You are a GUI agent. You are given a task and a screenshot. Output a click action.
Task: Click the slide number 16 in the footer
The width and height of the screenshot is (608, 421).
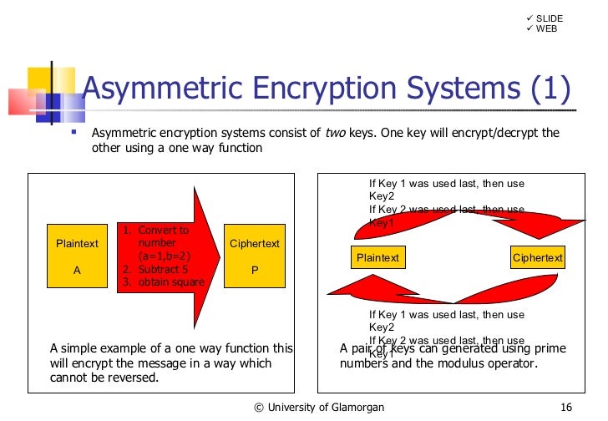click(x=566, y=407)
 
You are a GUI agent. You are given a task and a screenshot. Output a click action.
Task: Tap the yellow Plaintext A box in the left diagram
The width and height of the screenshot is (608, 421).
click(x=77, y=256)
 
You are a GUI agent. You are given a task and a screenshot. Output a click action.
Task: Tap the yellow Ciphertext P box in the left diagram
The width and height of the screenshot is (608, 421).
click(x=255, y=256)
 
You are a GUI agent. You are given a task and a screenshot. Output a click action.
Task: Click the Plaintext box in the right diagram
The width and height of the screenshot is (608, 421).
click(x=378, y=258)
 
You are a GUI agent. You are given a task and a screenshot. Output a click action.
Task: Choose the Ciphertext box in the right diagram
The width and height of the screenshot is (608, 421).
click(x=537, y=258)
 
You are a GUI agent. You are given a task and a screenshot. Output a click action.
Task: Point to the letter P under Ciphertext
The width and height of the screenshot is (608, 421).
click(x=255, y=271)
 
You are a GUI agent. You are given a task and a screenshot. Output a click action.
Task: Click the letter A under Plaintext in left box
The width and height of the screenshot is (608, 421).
click(x=77, y=271)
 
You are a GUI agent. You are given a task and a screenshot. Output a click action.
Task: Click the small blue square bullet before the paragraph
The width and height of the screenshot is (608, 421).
click(x=73, y=132)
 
